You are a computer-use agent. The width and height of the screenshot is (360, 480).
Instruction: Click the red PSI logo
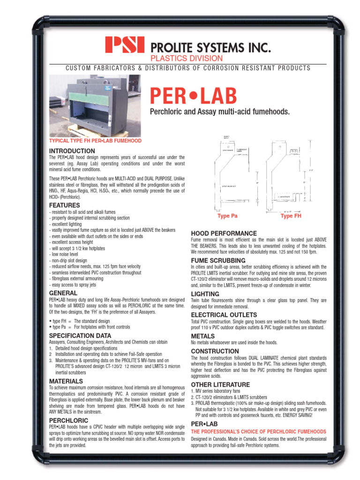[125, 45]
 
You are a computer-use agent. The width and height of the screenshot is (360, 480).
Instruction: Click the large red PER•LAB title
[193, 96]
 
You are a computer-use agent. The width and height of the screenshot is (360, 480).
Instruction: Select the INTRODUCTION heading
[72, 150]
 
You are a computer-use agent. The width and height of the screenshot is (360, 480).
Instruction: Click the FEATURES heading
[64, 205]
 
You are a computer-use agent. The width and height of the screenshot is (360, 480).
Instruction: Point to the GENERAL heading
[63, 293]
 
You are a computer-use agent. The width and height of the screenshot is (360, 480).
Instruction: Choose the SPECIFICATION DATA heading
[80, 336]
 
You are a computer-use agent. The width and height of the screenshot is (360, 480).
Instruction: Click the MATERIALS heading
[66, 381]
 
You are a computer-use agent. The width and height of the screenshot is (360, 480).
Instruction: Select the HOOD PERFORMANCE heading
[224, 233]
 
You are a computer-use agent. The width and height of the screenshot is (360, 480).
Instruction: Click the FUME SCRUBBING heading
[218, 260]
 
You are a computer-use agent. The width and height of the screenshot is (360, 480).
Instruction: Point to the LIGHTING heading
[205, 293]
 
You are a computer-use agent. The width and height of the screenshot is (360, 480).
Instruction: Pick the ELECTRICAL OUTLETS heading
[224, 315]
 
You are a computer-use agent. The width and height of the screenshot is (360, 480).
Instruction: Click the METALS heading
[202, 336]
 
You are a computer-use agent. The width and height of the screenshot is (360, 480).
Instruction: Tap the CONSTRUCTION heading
[215, 351]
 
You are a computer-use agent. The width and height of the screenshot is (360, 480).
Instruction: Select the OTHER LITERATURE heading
[220, 384]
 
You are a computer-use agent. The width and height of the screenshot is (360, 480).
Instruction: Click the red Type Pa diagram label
[227, 216]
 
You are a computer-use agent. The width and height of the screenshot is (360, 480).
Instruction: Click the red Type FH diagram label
[290, 216]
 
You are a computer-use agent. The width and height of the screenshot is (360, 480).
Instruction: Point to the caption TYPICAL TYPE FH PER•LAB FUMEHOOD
[95, 141]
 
